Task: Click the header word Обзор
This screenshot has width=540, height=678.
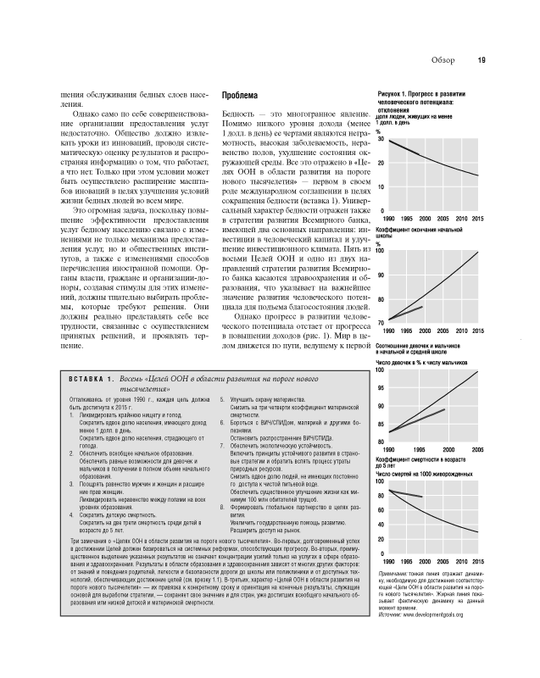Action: (x=443, y=59)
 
